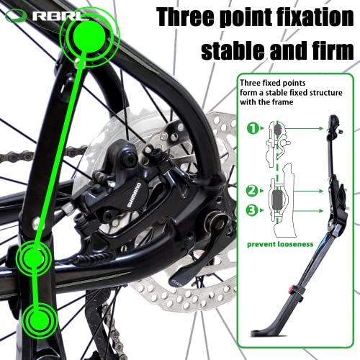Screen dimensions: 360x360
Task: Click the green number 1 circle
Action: (x=253, y=130)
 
